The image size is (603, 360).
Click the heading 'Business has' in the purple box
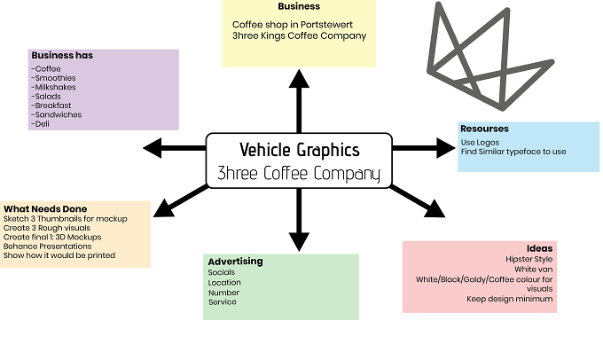62,55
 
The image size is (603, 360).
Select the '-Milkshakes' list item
53,87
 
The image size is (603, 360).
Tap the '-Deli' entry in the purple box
41,124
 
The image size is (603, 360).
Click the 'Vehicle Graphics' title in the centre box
300,150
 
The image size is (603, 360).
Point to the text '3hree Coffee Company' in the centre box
299,173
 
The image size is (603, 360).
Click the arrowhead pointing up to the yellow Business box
299,78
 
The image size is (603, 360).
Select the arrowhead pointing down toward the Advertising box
299,242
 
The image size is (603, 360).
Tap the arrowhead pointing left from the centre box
153,148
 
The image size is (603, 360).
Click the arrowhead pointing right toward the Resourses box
446,148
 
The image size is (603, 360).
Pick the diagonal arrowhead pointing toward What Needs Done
164,208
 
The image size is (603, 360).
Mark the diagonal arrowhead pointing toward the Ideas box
435,209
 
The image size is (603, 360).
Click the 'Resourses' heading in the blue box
484,129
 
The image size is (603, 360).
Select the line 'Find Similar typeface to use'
513,152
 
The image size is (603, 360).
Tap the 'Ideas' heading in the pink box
539,248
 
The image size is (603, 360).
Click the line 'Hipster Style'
529,259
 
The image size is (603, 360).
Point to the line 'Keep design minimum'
510,299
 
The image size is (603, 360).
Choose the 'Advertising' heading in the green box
235,262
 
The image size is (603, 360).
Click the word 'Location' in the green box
224,283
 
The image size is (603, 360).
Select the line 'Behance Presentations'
47,247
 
